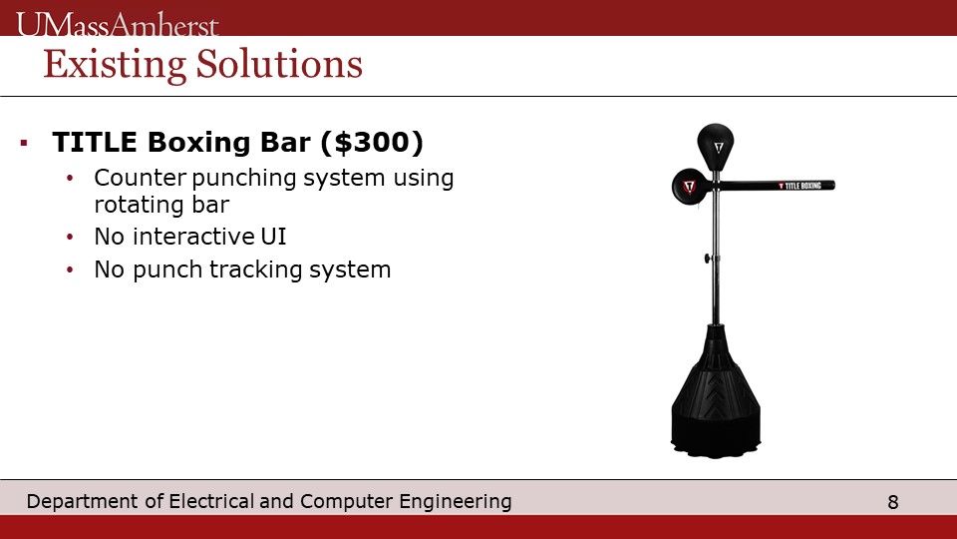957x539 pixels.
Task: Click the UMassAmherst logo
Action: click(117, 25)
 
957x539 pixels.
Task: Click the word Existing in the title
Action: click(115, 65)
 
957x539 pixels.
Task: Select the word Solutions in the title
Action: click(279, 64)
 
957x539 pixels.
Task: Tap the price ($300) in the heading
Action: click(371, 142)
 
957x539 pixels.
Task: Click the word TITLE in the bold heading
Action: click(95, 142)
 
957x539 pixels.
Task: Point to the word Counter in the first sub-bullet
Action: click(140, 178)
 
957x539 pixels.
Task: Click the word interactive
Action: click(193, 237)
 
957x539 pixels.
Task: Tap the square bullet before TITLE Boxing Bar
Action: click(24, 143)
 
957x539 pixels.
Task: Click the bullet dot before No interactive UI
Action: click(70, 237)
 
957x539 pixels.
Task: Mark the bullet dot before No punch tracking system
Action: click(70, 269)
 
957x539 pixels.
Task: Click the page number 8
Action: click(893, 502)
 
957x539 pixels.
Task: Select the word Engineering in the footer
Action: click(456, 502)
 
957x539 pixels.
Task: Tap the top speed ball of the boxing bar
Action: click(716, 147)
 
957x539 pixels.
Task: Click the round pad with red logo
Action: click(690, 187)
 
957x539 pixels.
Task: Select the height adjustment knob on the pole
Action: click(709, 259)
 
